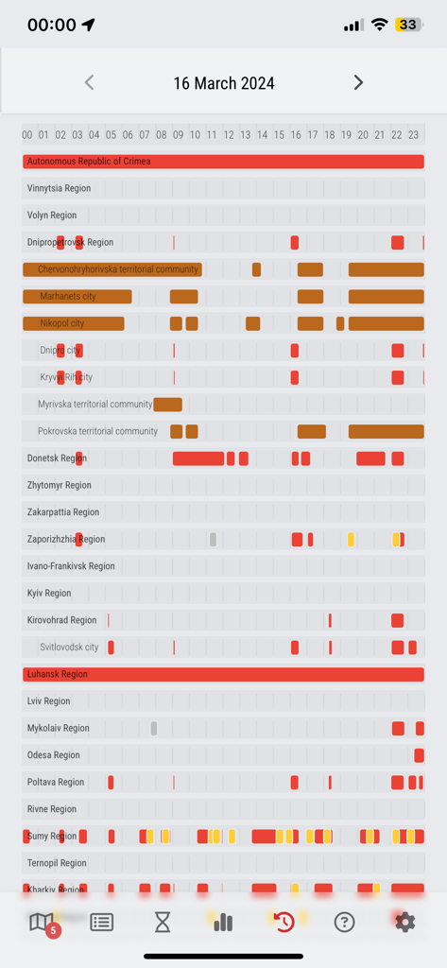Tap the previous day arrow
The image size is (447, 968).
tap(90, 82)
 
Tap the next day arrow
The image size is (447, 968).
tap(358, 82)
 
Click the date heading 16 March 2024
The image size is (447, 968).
tap(224, 83)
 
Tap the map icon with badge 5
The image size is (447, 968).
tap(43, 922)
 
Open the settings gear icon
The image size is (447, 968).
tap(404, 922)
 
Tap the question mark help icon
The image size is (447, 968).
tap(344, 922)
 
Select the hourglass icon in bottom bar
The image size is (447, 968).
tap(163, 922)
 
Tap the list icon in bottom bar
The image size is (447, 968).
tap(102, 922)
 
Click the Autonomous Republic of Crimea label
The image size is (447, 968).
tap(89, 162)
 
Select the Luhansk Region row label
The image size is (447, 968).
tap(58, 674)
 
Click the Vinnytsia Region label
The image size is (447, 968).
tap(60, 188)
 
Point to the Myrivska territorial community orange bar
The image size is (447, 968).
tap(167, 405)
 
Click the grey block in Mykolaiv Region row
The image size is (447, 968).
tap(154, 728)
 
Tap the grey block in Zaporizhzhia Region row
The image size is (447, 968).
tap(213, 540)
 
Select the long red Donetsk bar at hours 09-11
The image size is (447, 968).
tap(198, 458)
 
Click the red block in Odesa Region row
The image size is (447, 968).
tap(419, 755)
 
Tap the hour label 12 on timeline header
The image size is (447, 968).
tap(229, 135)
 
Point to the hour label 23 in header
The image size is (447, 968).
tap(413, 135)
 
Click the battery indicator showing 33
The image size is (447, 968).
tap(409, 25)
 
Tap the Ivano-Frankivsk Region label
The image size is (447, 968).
tap(71, 566)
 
